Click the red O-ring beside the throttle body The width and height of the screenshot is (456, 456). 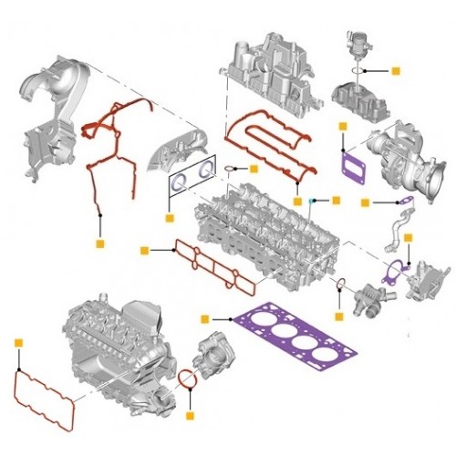186,378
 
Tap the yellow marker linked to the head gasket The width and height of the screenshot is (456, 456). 205,319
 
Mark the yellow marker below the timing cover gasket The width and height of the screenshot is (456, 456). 99,244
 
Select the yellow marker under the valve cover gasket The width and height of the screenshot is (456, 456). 297,199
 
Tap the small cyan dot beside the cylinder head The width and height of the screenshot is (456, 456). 312,199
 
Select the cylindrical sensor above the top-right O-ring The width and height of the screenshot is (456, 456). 351,41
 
